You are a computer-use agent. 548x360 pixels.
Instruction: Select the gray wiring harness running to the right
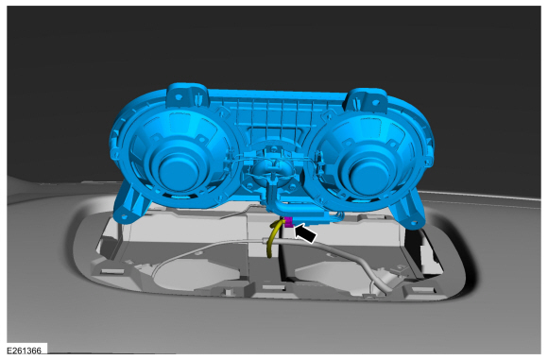click(x=331, y=249)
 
